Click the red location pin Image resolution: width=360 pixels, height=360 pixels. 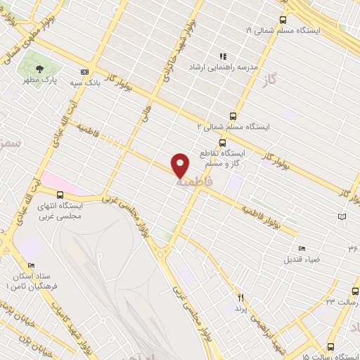click(x=181, y=165)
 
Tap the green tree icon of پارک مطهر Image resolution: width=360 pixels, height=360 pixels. click(x=39, y=69)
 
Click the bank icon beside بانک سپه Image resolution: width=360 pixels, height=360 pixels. click(x=85, y=72)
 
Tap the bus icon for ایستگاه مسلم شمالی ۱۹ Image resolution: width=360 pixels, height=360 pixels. click(x=283, y=20)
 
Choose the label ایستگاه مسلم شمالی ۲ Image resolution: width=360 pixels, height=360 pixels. click(x=233, y=127)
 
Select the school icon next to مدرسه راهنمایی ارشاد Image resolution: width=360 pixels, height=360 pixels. click(x=223, y=56)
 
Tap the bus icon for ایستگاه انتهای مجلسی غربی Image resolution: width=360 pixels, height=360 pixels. click(x=60, y=195)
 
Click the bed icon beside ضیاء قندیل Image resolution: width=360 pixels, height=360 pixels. click(x=302, y=248)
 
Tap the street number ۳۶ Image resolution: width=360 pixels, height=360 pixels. click(x=352, y=248)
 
